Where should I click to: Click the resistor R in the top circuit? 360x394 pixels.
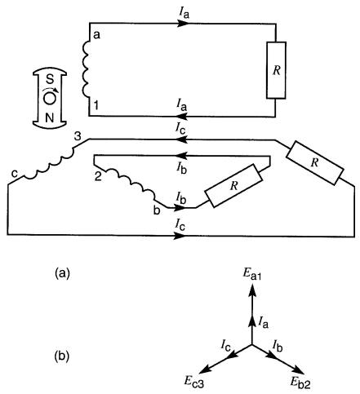coord(276,70)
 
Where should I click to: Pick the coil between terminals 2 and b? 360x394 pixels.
coord(131,184)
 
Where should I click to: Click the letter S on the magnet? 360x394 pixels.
coord(49,79)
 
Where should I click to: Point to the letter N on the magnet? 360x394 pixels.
coord(49,118)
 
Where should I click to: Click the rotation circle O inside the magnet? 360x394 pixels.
coord(49,99)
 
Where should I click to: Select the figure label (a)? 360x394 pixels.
coord(62,272)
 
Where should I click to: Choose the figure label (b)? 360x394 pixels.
coord(62,356)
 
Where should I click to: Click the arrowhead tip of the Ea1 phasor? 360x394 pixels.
coord(252,283)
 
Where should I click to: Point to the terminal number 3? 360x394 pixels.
coord(78,136)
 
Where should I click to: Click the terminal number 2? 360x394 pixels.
coord(98,176)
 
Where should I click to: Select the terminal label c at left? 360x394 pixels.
coord(15,174)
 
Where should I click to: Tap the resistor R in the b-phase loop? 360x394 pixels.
coord(233,186)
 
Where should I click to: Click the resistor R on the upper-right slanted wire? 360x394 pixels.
coord(315,162)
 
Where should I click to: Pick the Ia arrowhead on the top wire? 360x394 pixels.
coord(183,24)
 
